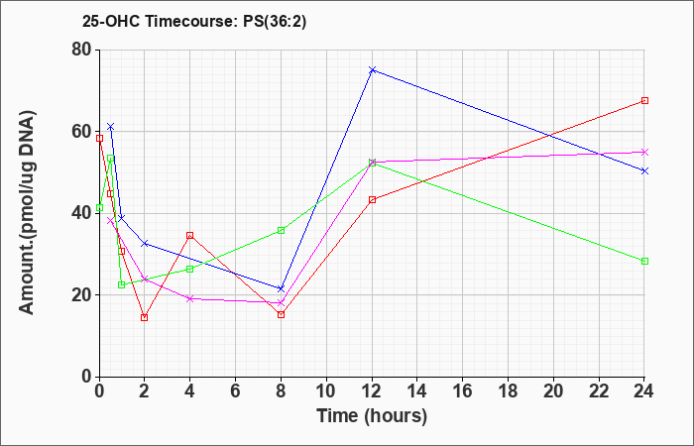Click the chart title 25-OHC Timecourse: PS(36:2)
point(194,22)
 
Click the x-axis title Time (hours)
point(372,416)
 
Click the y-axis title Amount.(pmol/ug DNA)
point(28,213)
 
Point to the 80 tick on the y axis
point(82,50)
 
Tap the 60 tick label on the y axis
point(82,132)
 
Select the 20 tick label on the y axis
point(82,295)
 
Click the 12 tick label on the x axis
point(372,391)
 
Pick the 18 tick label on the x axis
point(508,391)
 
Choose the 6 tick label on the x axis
point(236,391)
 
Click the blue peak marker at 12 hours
point(372,70)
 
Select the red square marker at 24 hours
point(644,101)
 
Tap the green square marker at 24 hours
point(644,261)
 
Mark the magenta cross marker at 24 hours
point(644,153)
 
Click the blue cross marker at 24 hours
point(644,170)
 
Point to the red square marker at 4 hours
point(190,236)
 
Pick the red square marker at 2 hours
point(145,318)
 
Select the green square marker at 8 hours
point(281,231)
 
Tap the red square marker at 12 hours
point(372,199)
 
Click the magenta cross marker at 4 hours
point(190,298)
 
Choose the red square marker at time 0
point(99,138)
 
